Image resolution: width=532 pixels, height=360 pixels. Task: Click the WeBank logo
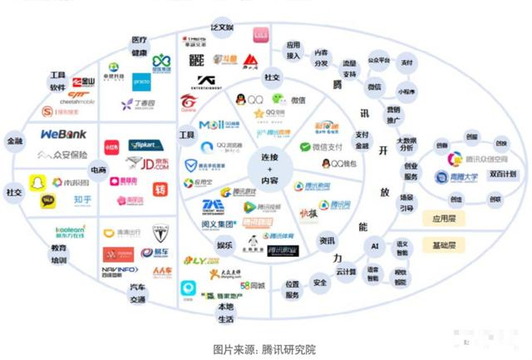pyautogui.click(x=62, y=133)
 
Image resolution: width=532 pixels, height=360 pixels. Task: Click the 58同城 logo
pyautogui.click(x=251, y=287)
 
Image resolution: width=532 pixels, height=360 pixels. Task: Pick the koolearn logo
pyautogui.click(x=71, y=230)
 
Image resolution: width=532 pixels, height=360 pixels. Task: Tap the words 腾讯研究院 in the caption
pyautogui.click(x=290, y=348)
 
